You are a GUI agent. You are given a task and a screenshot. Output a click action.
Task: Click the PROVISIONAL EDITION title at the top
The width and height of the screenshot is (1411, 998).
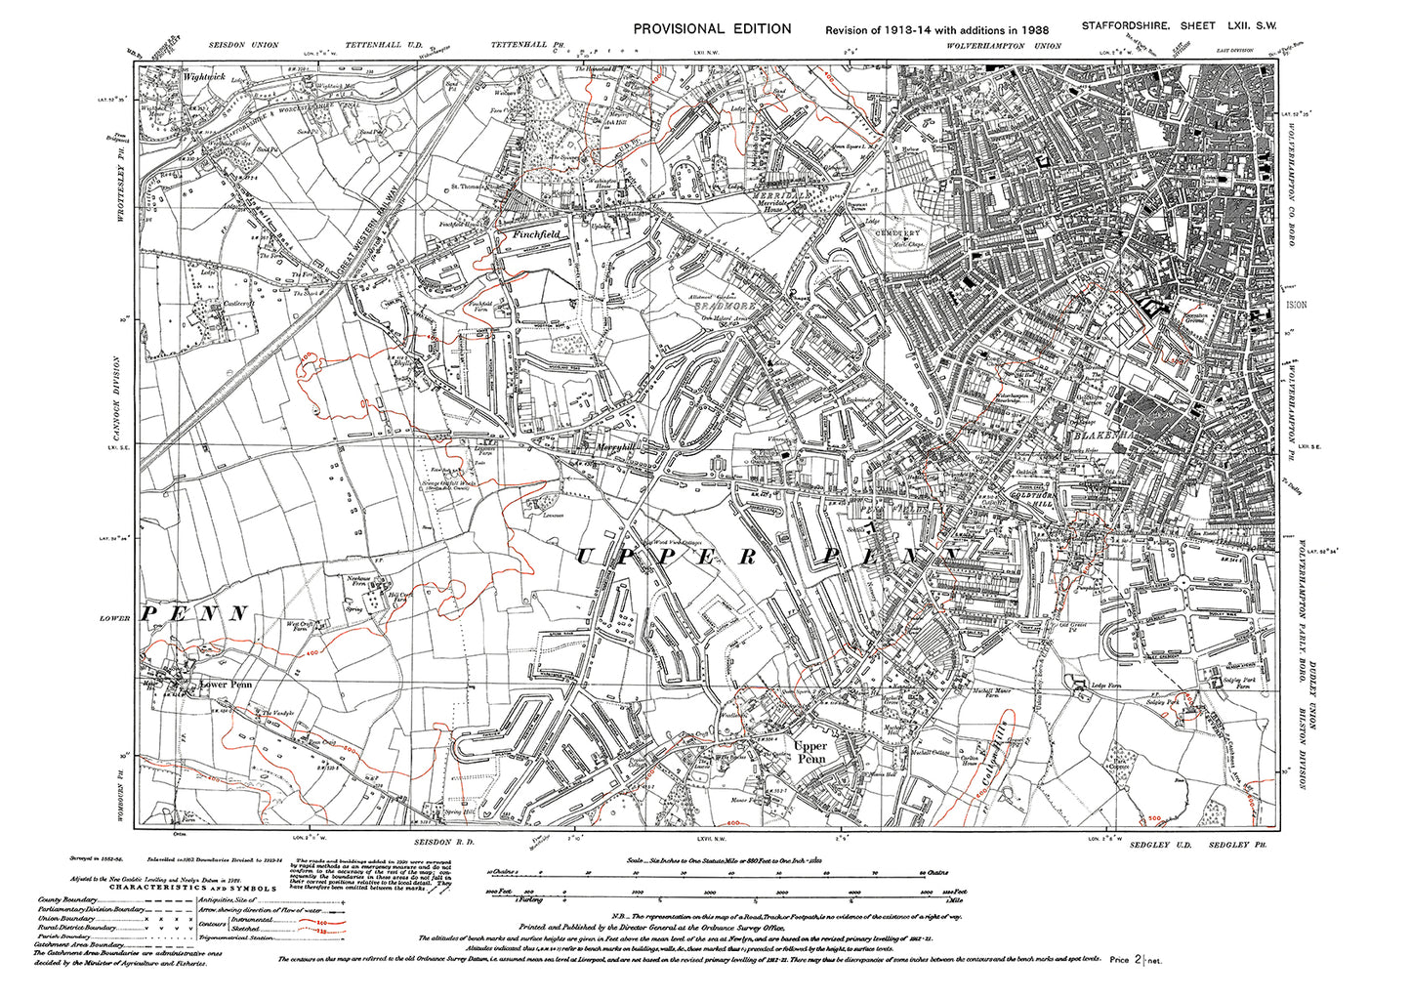pyautogui.click(x=712, y=28)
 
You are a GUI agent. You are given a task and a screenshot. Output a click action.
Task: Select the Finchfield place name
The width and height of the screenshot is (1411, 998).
pyautogui.click(x=528, y=234)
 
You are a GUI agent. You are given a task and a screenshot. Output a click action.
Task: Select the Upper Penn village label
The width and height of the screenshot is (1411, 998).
pyautogui.click(x=811, y=751)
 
